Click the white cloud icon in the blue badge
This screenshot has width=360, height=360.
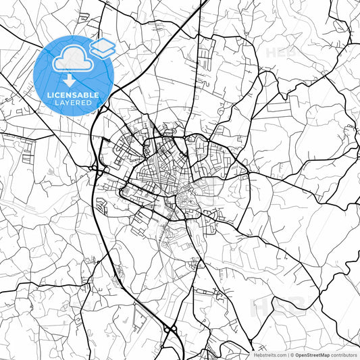click(x=72, y=60)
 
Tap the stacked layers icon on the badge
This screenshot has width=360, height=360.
click(x=103, y=48)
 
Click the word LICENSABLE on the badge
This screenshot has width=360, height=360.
click(x=73, y=95)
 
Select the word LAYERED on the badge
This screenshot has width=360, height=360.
click(x=73, y=103)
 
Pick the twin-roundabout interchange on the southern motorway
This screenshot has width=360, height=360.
click(x=169, y=329)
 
